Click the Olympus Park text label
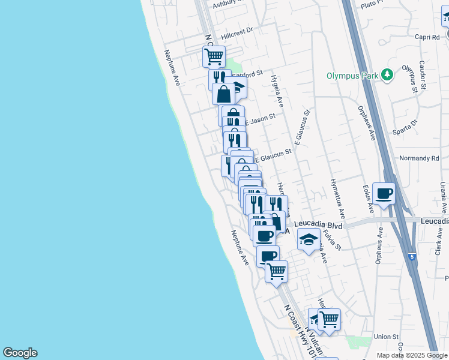(353, 76)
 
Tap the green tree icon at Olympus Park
(388, 74)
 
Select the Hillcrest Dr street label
(238, 29)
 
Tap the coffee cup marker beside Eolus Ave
(384, 194)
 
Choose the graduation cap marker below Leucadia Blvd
(309, 240)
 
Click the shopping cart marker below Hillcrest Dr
(214, 57)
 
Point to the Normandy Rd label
(418, 158)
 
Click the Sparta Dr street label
(406, 126)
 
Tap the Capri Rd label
(427, 37)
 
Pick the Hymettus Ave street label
(337, 197)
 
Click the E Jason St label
(259, 119)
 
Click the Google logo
(20, 353)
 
